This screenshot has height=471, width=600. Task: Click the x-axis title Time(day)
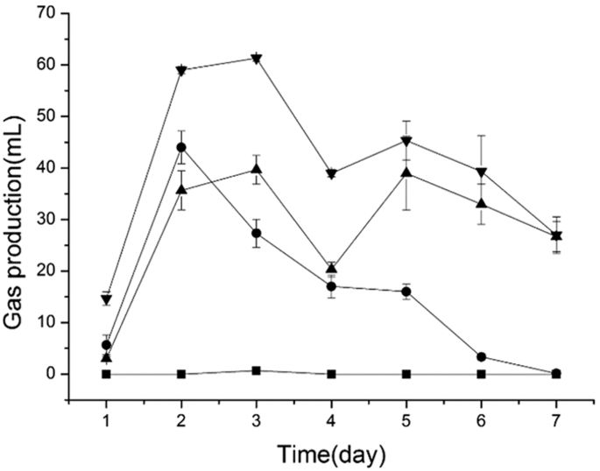[330, 453]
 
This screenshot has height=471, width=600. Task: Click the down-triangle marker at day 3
[256, 59]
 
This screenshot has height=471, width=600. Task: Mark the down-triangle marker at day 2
[181, 71]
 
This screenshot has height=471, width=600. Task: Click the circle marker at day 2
[181, 147]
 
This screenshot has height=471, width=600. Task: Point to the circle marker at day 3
[256, 233]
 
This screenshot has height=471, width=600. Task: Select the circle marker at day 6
[481, 356]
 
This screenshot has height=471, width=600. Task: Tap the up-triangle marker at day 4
[331, 269]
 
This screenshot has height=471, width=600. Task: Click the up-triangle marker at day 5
[406, 172]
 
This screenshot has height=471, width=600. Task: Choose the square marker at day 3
[256, 370]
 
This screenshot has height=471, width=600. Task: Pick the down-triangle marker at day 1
[106, 300]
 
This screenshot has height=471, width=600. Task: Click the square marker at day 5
[406, 374]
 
